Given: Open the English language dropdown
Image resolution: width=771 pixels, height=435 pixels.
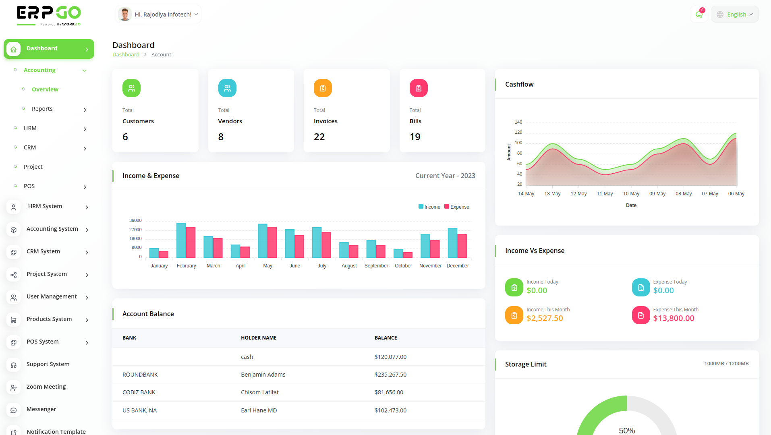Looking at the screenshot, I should point(735,14).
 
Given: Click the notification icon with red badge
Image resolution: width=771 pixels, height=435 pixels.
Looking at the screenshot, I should point(699,14).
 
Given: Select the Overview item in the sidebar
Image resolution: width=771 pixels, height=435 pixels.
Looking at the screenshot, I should point(45,89).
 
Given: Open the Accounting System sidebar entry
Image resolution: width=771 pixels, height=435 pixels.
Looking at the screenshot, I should point(52,229).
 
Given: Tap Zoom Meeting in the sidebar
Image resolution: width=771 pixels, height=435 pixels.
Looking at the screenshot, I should point(46,387).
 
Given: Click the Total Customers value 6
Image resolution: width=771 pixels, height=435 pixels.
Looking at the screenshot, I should point(125,137).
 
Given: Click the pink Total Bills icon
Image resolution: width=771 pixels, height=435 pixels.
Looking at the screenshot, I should point(419,88).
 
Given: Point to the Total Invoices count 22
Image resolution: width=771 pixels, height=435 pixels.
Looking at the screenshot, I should point(319,137).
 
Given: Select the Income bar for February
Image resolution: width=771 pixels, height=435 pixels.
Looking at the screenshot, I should point(181,240).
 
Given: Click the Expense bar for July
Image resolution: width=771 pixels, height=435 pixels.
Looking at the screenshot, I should point(326,245).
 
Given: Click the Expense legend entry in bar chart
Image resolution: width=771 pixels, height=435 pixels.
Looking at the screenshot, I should point(457,207).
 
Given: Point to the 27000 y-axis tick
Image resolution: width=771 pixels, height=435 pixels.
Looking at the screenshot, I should point(135,230).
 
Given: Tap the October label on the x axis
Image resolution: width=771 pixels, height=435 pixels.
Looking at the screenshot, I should point(403,266).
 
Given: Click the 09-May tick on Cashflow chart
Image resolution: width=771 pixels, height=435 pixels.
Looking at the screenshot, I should point(657,194).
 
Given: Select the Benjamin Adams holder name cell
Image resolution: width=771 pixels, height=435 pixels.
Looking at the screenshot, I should point(263,375).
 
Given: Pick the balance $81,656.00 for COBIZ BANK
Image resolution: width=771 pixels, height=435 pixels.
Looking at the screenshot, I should point(389,392).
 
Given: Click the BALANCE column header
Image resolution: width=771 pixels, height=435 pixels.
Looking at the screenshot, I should point(385,338).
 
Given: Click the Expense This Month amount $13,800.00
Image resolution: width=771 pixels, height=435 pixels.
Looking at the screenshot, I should point(674,318).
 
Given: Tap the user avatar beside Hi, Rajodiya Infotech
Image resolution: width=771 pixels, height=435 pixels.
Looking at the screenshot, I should point(125,14).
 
